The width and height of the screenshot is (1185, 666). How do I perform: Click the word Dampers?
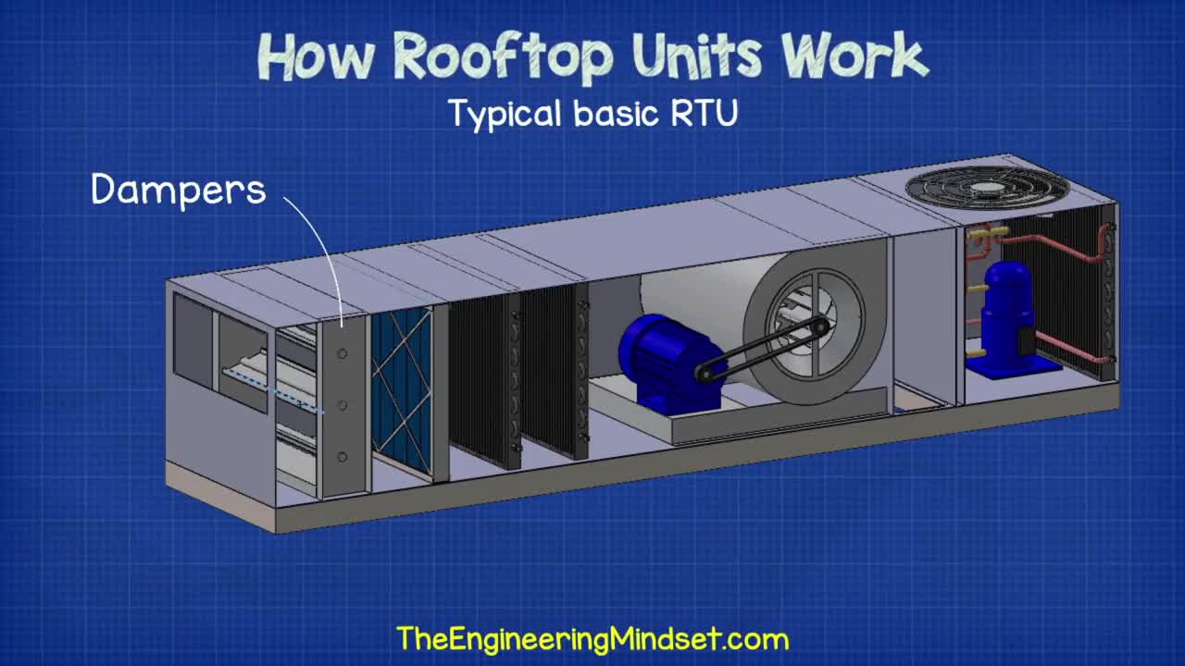pyautogui.click(x=179, y=190)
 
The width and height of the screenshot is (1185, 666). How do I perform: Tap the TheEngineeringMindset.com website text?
pyautogui.click(x=592, y=638)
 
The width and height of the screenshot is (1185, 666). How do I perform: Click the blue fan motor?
pyautogui.click(x=659, y=361)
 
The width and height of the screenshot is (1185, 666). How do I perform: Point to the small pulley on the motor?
pyautogui.click(x=706, y=373)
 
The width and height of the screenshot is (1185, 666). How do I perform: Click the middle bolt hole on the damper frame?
pyautogui.click(x=343, y=405)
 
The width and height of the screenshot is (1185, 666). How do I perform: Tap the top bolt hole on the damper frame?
pyautogui.click(x=343, y=354)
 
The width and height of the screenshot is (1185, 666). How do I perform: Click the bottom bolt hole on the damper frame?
pyautogui.click(x=343, y=457)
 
